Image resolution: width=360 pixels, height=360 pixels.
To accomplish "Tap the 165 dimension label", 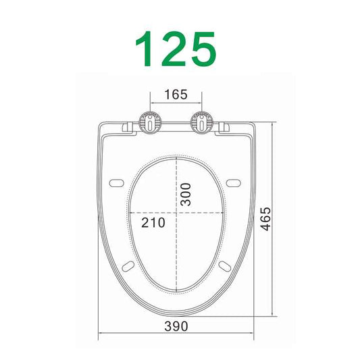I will click(176, 95).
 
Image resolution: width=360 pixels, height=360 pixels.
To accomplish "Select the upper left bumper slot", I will click(116, 183).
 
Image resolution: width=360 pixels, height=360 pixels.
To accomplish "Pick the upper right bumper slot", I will click(236, 183).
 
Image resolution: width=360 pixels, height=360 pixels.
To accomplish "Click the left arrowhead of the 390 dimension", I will click(101, 334).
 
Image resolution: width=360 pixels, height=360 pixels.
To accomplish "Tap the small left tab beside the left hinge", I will click(127, 126).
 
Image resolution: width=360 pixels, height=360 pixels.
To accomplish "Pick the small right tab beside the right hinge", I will click(225, 126).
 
